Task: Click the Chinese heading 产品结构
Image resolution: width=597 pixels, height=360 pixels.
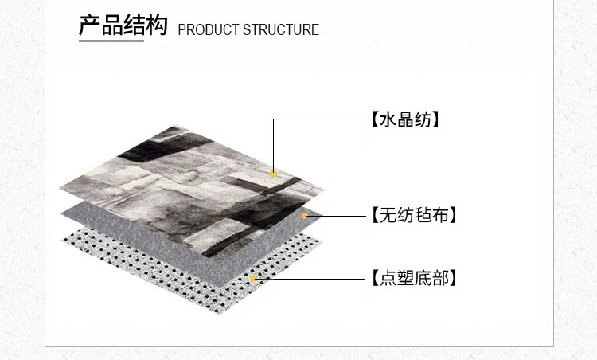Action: coord(123,25)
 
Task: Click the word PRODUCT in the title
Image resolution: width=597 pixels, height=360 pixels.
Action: coord(209,29)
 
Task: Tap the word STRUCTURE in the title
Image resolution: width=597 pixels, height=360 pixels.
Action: coord(281,29)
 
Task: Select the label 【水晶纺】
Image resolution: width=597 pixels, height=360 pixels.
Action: coord(405,119)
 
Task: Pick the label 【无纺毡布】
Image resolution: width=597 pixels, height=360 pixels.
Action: coord(414,215)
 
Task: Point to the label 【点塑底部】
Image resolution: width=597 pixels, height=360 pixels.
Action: coord(414,278)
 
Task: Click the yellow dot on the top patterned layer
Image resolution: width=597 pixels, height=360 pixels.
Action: coord(273,174)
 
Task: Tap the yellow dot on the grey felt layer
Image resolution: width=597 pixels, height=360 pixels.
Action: coord(305,216)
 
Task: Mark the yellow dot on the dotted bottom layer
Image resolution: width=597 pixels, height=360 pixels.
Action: coord(254,279)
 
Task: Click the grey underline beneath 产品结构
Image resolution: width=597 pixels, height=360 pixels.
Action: coord(111,41)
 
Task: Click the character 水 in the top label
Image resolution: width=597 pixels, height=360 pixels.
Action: coord(388,119)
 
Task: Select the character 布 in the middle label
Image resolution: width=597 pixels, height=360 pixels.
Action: coord(440,215)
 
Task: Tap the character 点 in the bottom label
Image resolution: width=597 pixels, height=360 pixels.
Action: coord(388,278)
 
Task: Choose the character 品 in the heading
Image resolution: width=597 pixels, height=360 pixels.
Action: coord(111,25)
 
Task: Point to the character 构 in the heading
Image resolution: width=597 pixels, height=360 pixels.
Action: coord(157,25)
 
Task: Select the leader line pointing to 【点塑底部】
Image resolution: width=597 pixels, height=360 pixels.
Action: coord(311,279)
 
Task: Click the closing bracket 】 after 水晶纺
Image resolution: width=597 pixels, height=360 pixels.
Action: coord(435,119)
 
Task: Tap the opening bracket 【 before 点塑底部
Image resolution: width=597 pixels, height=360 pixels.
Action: coord(376,278)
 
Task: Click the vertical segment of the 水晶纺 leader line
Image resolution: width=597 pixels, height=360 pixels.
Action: coord(273,145)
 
